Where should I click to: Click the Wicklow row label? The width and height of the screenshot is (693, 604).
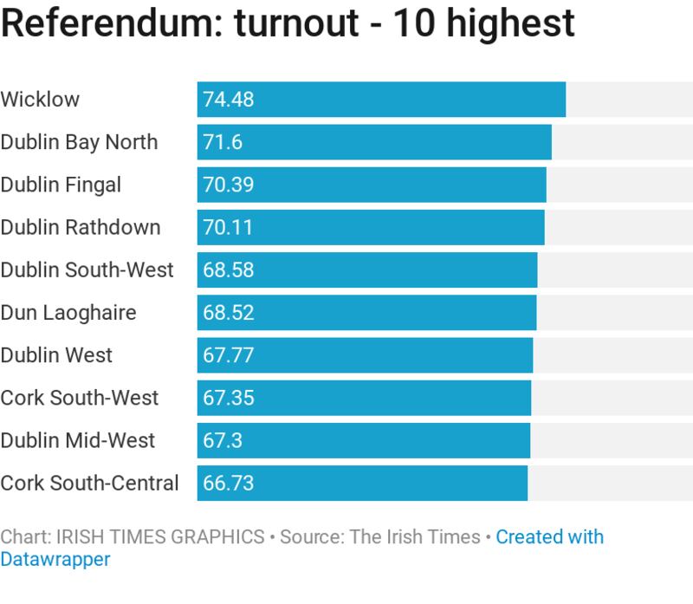(x=40, y=99)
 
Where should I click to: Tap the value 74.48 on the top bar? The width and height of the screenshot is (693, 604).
(x=228, y=100)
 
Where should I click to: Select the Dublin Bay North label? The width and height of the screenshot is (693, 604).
(x=79, y=142)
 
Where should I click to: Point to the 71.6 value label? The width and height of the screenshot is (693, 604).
(x=222, y=142)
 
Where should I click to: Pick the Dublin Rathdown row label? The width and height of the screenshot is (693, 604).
(x=81, y=227)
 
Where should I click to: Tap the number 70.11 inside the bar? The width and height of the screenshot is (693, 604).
(x=228, y=227)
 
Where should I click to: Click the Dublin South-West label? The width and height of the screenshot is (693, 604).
(x=87, y=270)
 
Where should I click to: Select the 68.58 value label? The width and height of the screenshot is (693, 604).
(x=228, y=270)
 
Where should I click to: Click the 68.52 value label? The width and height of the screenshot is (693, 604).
(x=228, y=312)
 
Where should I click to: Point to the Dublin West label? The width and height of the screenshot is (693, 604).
(x=56, y=354)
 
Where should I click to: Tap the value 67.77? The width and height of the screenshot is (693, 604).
(x=228, y=354)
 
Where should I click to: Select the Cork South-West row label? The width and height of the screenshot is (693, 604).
(x=80, y=398)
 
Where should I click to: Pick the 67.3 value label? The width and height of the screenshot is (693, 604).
(x=222, y=440)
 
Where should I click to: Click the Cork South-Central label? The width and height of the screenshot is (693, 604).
(x=89, y=483)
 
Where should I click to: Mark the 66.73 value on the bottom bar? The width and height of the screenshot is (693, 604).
(x=228, y=483)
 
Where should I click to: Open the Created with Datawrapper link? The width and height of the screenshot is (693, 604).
(x=549, y=537)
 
